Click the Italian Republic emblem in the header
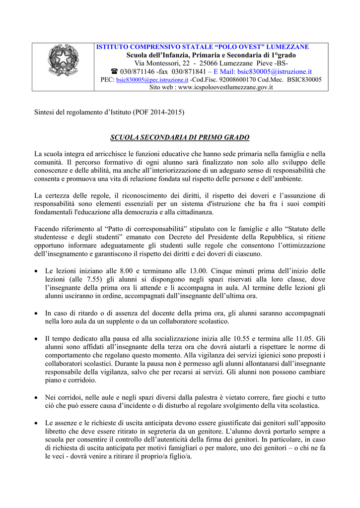[63, 60]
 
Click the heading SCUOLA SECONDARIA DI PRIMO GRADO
[180, 137]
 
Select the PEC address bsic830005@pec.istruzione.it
[152, 79]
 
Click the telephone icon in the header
[114, 71]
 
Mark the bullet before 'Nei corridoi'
[37, 398]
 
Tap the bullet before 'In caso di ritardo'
[37, 314]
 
